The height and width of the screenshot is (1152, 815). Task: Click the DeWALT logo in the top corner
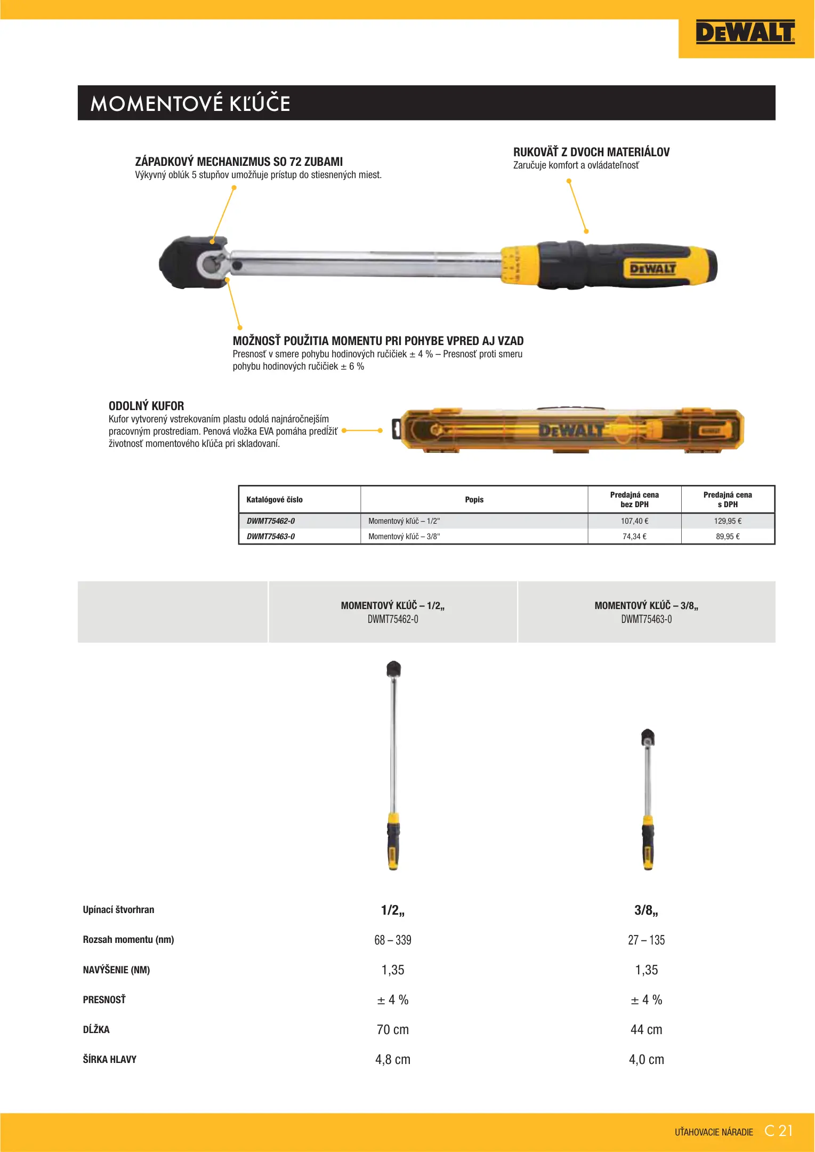click(x=745, y=32)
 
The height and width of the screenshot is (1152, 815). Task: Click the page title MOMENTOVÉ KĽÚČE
click(x=190, y=103)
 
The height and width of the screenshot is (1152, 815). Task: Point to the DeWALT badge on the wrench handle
click(x=652, y=268)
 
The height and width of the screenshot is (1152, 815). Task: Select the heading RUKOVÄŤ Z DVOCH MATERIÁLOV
click(x=591, y=152)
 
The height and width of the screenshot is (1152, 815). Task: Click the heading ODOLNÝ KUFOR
click(x=146, y=406)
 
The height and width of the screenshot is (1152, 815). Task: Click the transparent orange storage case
click(x=570, y=430)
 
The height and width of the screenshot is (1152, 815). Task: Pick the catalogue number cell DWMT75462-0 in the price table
click(x=271, y=521)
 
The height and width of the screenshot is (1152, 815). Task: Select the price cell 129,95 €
click(x=728, y=521)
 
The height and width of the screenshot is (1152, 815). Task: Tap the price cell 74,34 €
click(x=634, y=537)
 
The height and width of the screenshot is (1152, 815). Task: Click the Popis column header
click(x=474, y=500)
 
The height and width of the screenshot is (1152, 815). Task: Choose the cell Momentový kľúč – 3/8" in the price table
click(x=404, y=537)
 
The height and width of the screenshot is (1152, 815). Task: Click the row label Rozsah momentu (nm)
click(x=128, y=940)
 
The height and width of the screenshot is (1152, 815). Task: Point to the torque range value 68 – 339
click(x=393, y=940)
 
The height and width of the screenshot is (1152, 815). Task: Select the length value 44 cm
click(x=646, y=1030)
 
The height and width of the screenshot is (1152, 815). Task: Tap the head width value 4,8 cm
click(x=393, y=1060)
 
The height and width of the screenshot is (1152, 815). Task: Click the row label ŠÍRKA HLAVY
click(x=110, y=1060)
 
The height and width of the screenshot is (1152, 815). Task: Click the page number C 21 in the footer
click(x=778, y=1131)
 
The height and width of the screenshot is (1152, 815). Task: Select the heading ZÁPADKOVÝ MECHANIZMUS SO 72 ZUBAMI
click(x=239, y=162)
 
